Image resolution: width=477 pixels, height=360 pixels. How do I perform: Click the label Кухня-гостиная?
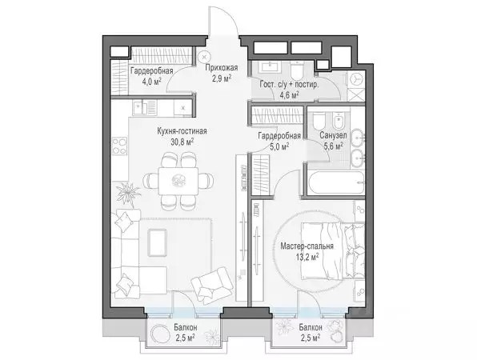[182, 131]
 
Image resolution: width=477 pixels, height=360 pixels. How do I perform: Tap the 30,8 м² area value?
[182, 142]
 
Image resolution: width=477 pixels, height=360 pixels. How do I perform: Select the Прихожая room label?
[221, 68]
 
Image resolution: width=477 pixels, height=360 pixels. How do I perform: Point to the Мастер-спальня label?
[307, 246]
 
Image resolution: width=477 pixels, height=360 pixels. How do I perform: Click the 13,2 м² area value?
[307, 258]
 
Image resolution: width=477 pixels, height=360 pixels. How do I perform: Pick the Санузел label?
[333, 136]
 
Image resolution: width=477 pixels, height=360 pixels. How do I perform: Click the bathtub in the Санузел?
[336, 183]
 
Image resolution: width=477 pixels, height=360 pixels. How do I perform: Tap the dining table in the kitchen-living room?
[178, 182]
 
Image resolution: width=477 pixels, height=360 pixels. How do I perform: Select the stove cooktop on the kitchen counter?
[119, 146]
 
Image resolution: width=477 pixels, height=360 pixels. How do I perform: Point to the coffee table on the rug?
[157, 242]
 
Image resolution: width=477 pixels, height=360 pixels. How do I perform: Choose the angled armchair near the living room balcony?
[212, 286]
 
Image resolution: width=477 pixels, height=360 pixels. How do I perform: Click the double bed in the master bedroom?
[333, 250]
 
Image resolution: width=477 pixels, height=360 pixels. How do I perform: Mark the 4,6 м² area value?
[289, 95]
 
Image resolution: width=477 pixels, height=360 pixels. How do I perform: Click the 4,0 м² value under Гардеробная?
[151, 82]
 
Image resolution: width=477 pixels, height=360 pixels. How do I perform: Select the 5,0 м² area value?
[279, 147]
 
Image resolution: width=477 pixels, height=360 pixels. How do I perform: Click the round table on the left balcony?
[160, 334]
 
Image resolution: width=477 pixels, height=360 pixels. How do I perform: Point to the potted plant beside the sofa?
[128, 193]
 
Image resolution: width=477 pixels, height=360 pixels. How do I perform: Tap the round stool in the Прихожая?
[204, 57]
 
